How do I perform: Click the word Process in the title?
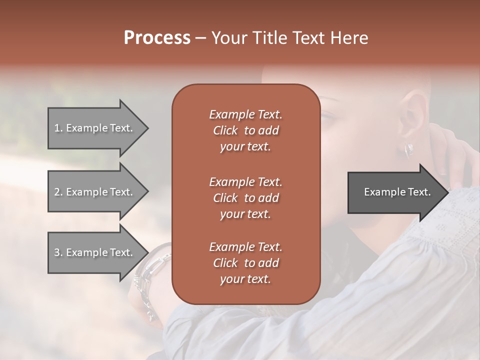157,38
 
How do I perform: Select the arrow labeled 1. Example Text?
95,128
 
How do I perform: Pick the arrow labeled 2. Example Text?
95,192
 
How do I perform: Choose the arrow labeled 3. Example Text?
95,252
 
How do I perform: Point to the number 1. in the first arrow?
58,128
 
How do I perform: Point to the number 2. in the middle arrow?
58,192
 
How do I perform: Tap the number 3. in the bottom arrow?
58,252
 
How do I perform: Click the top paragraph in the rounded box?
245,130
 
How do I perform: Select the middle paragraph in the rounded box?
245,197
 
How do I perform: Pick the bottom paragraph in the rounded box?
245,263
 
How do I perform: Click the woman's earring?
409,149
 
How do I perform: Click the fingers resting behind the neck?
457,165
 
